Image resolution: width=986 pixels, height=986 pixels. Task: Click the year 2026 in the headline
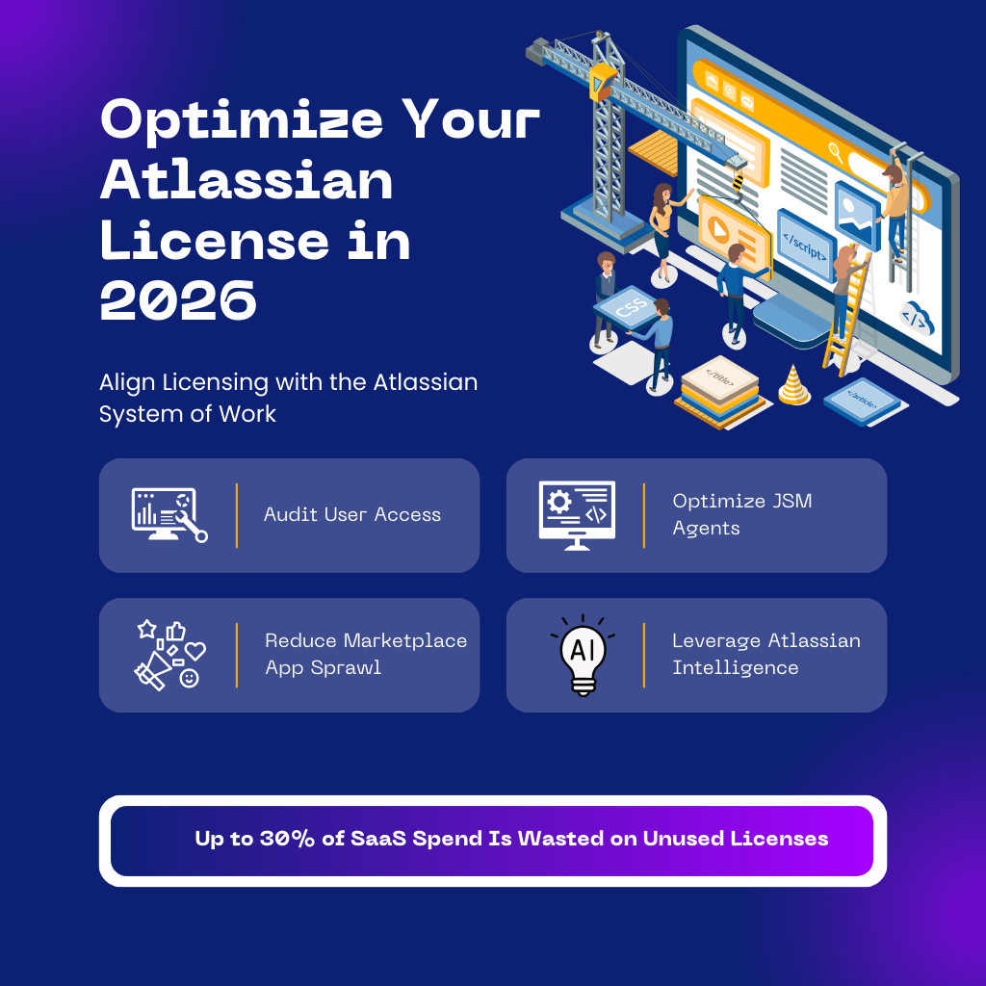tap(178, 301)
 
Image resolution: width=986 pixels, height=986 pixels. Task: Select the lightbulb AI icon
tap(582, 654)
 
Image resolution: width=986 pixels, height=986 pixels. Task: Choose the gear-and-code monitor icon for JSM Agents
tap(577, 515)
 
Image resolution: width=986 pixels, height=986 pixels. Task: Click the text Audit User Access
tap(352, 515)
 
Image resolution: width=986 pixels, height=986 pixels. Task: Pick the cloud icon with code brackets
tap(916, 318)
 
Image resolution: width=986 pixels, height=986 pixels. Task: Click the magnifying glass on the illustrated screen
tap(835, 151)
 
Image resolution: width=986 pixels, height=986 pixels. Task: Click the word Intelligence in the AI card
tap(735, 668)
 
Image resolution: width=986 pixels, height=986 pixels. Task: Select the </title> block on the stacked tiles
tap(718, 377)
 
